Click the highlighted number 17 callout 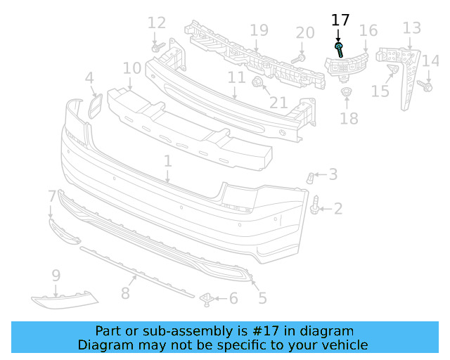340,20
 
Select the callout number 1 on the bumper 167,162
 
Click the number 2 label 338,208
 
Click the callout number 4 89,78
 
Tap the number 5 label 262,298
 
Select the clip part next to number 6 207,299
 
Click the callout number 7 51,195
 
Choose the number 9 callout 56,276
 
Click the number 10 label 131,68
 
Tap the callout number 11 236,77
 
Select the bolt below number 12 157,49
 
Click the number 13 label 411,28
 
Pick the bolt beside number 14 426,86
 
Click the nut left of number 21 257,84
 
